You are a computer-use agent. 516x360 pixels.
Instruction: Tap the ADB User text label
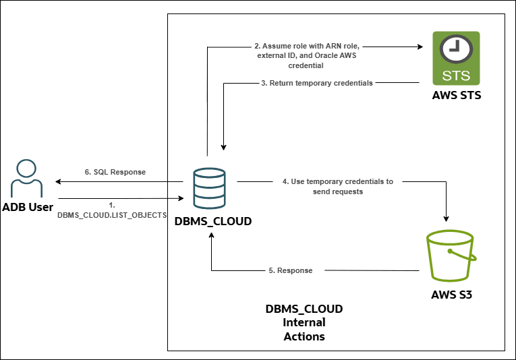(28, 207)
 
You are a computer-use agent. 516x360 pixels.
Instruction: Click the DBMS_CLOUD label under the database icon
(213, 221)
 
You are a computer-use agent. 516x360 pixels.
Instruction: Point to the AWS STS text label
(457, 96)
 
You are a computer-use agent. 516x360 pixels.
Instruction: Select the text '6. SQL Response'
(115, 172)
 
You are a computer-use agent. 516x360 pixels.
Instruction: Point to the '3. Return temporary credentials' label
(317, 83)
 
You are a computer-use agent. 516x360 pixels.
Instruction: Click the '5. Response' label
(291, 270)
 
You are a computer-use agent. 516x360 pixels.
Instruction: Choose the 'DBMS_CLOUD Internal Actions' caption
(304, 322)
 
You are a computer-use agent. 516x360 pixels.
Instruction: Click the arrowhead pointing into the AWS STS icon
(419, 47)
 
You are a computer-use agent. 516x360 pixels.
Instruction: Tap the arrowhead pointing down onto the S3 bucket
(446, 218)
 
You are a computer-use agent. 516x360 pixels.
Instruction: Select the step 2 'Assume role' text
(306, 56)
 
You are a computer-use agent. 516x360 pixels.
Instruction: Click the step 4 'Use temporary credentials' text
(337, 186)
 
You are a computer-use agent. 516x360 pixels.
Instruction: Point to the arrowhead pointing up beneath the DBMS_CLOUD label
(212, 237)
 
